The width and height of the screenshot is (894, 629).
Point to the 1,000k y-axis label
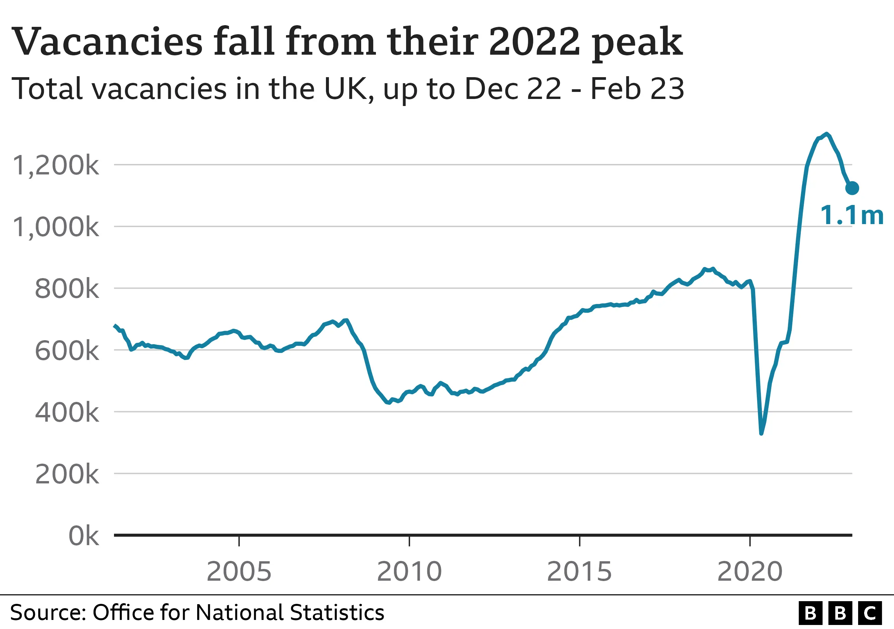(56, 227)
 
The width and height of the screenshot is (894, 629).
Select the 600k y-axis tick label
(67, 351)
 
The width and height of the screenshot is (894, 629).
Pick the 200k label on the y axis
(67, 475)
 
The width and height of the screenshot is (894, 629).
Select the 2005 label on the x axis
(239, 572)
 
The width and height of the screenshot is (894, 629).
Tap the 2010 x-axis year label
(409, 572)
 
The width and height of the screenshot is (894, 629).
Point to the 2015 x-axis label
(579, 572)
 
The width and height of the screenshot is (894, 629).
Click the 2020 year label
(749, 572)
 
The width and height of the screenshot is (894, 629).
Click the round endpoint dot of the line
(852, 188)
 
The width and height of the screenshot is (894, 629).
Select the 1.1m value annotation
(851, 215)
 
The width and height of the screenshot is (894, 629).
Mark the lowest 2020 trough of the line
(761, 433)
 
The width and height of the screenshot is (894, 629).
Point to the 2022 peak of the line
(826, 134)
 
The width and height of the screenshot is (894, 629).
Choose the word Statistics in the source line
(337, 612)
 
